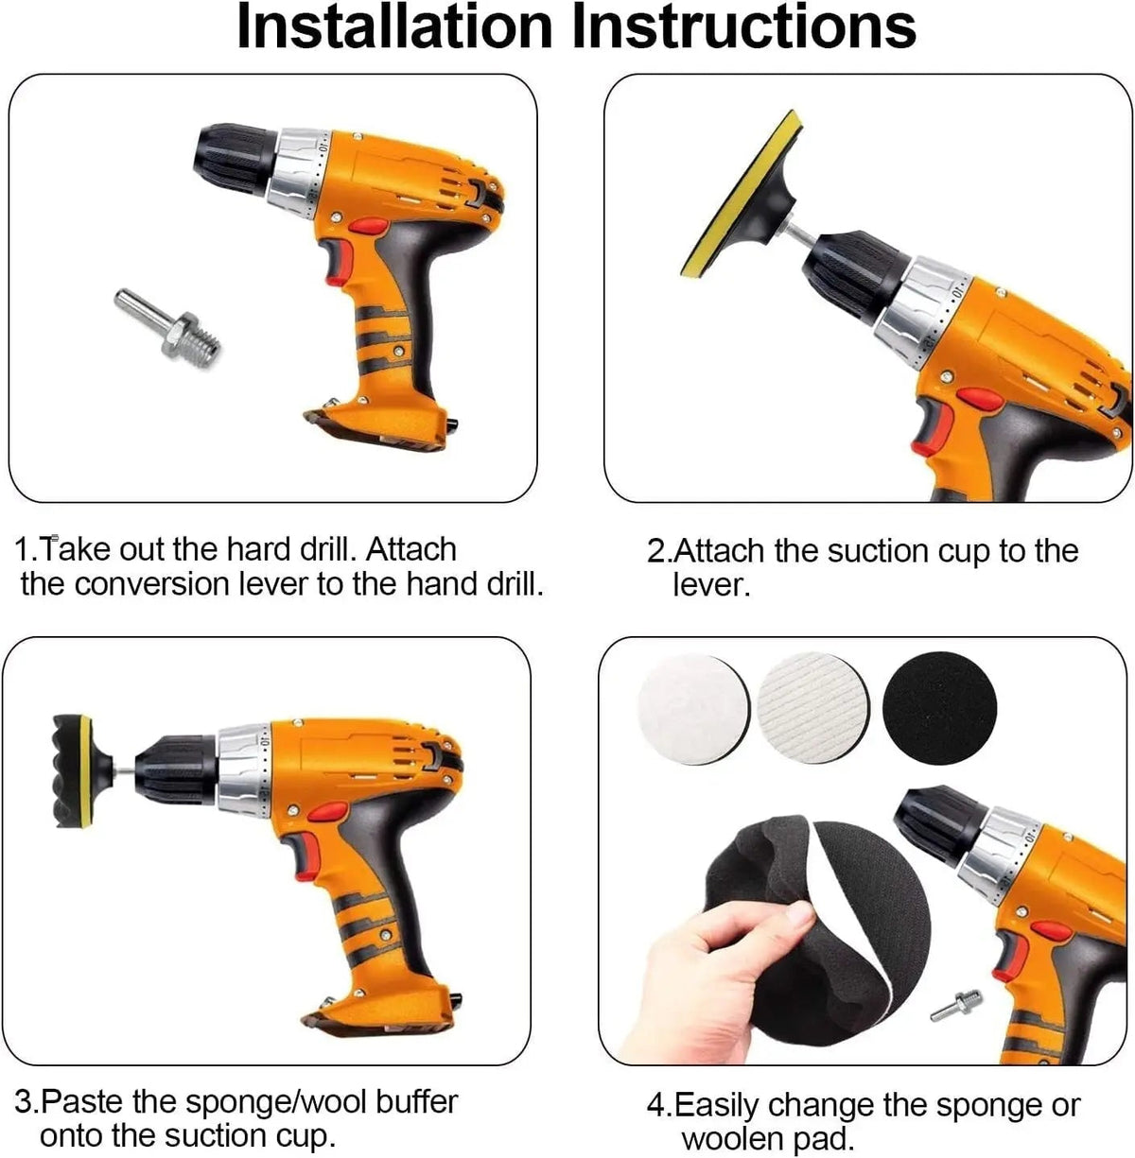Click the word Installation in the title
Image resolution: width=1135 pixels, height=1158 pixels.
point(394,27)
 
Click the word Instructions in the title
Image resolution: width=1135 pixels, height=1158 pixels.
point(743,27)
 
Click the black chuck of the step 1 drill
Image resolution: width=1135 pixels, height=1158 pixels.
point(235,160)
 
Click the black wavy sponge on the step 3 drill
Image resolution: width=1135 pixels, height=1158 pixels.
point(71,773)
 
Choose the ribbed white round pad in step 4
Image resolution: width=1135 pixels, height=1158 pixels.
point(812,708)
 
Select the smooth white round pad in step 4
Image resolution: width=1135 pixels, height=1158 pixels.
point(693,708)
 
